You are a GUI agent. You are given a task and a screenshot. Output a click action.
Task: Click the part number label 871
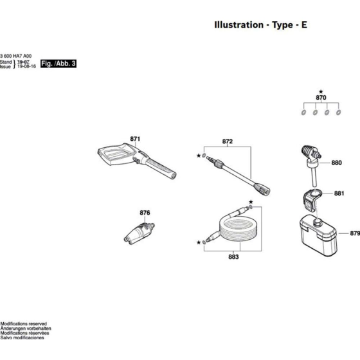135,139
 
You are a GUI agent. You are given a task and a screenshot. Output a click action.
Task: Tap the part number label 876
145,213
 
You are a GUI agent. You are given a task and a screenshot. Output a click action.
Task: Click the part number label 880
337,163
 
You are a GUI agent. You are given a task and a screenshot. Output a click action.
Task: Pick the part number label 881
339,193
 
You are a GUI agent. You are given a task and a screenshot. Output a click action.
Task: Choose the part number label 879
354,234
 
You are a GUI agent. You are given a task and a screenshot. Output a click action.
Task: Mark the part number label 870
321,98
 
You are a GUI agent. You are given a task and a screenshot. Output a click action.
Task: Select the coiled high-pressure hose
228,228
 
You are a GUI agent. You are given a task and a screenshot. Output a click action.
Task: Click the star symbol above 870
321,91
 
